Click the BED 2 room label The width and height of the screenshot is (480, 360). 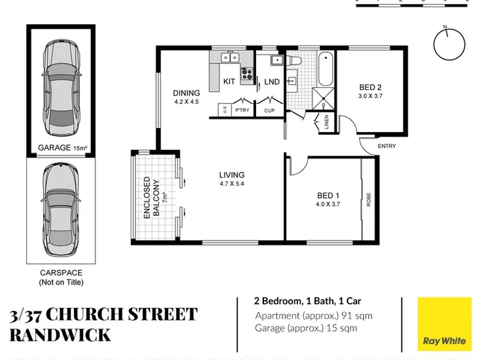(371, 87)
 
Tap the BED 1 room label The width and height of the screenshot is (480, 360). (328, 195)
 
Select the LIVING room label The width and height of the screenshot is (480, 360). (232, 175)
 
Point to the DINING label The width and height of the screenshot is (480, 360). (187, 93)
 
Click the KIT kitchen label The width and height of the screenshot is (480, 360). (229, 81)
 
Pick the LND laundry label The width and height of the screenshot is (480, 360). (272, 82)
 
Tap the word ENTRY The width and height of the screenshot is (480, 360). (387, 146)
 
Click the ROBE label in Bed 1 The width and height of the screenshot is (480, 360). (369, 199)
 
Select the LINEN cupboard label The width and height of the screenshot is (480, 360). (326, 121)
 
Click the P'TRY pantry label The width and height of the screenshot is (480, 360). (243, 110)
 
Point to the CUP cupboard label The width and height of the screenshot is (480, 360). (269, 111)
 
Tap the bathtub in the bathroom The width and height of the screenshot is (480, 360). (325, 69)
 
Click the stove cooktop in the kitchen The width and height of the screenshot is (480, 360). (247, 73)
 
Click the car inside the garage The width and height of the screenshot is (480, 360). (61, 88)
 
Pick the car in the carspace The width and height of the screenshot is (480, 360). (61, 210)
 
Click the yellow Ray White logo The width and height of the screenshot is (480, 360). (445, 324)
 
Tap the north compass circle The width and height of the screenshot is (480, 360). (449, 60)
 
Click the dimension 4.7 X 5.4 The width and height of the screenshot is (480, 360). (232, 184)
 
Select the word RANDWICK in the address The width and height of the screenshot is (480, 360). (60, 335)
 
